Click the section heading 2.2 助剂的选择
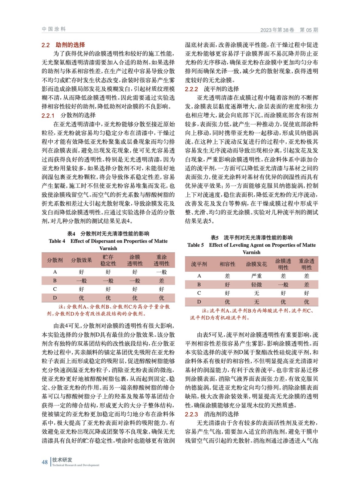tap(63, 45)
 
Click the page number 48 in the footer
tap(45, 462)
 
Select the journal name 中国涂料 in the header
tap(54, 29)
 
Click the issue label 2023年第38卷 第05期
tap(289, 30)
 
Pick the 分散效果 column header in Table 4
tap(81, 260)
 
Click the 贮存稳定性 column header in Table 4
tap(108, 260)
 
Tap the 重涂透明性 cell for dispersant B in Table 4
tap(161, 281)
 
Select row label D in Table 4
tap(55, 298)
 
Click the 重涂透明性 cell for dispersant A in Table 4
tap(161, 272)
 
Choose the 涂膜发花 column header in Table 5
tap(256, 264)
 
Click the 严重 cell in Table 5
tap(256, 276)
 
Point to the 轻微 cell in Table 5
tap(256, 285)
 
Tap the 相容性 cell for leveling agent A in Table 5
tap(227, 276)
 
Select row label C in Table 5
tap(199, 293)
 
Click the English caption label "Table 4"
tap(57, 241)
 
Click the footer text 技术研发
tap(62, 460)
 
